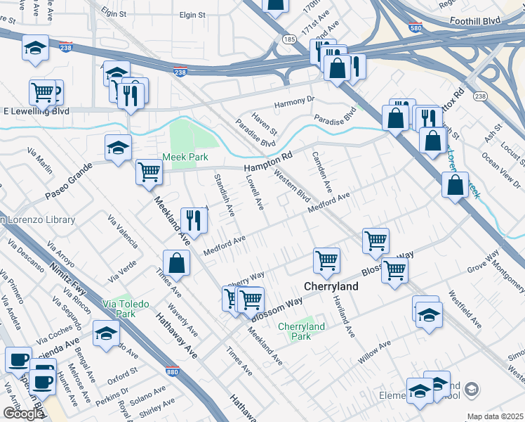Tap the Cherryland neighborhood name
tap(331, 287)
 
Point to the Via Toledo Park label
tap(126, 309)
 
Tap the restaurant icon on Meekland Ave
tap(192, 221)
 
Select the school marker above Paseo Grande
tap(118, 147)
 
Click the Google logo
tap(22, 414)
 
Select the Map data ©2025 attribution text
tap(495, 416)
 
